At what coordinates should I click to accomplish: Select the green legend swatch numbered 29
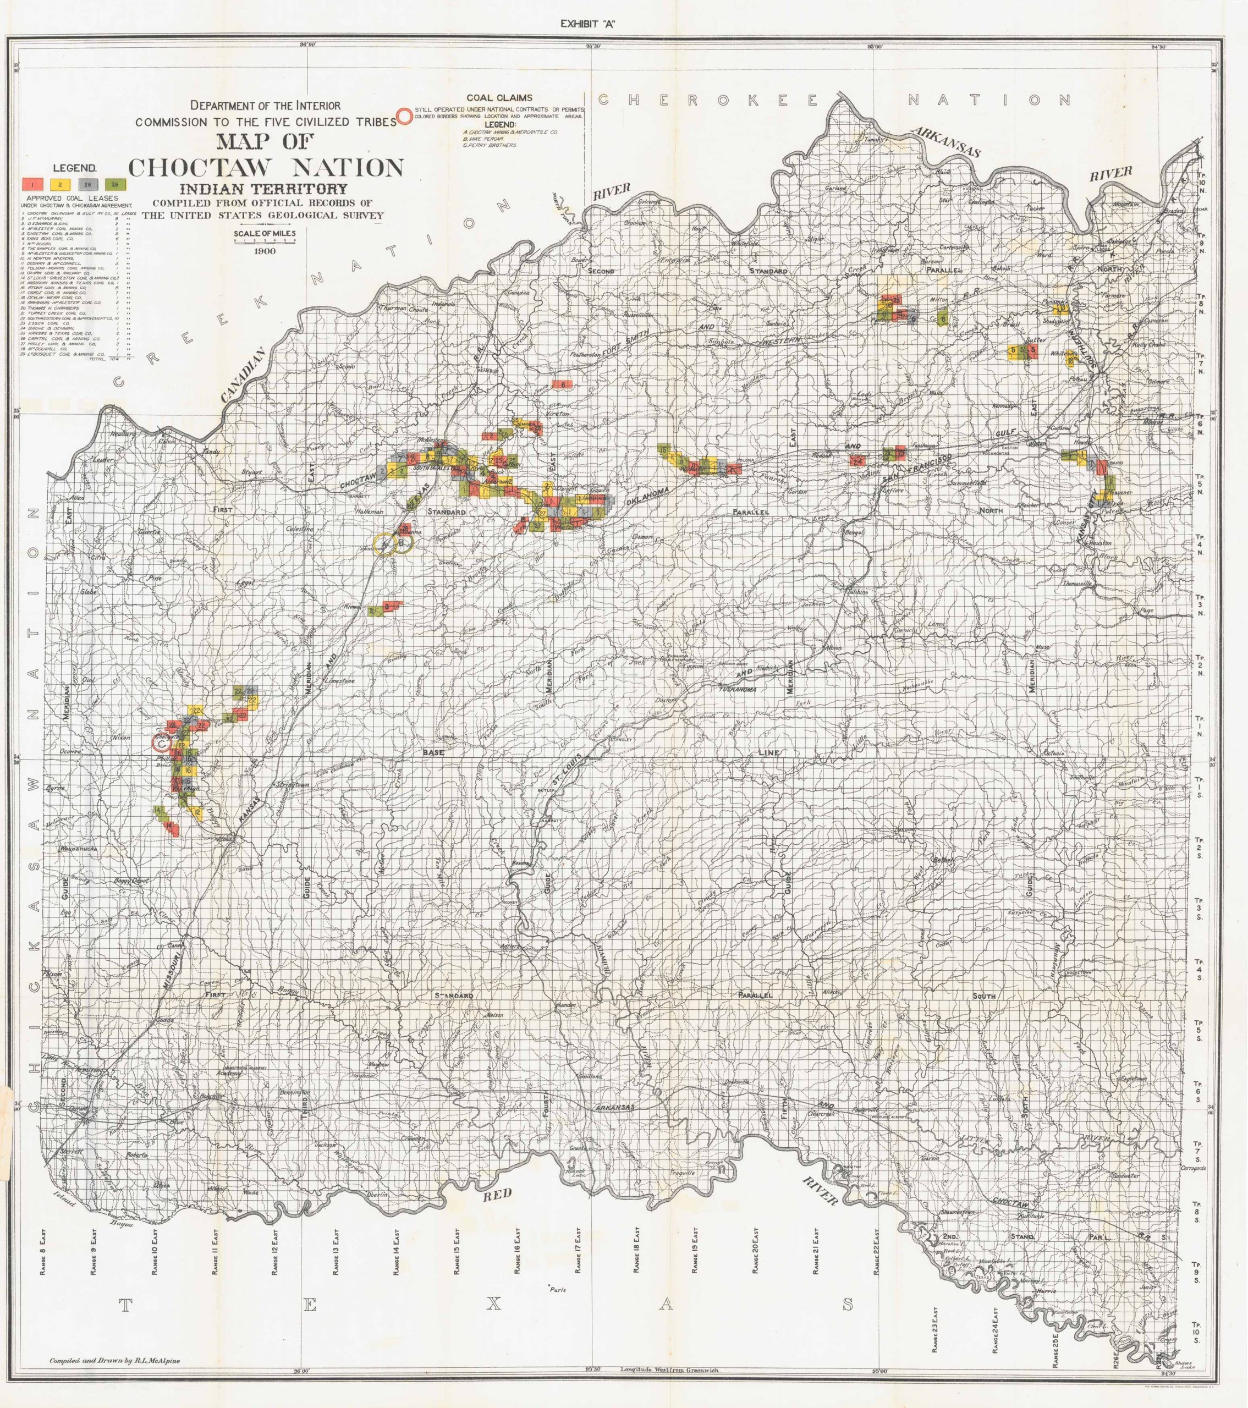pos(114,184)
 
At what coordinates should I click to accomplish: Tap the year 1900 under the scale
pos(265,251)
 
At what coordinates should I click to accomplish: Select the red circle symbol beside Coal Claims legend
pos(405,115)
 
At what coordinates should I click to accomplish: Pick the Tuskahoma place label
pos(738,690)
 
